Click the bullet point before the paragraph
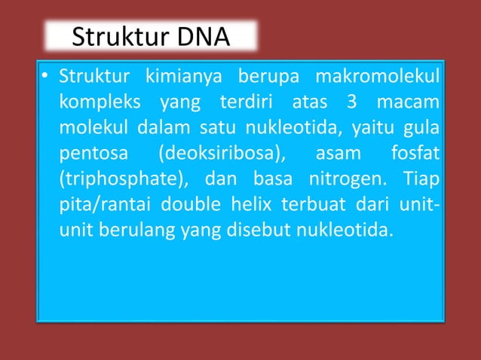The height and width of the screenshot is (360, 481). [x=45, y=77]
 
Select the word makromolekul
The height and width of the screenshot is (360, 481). [x=378, y=77]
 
